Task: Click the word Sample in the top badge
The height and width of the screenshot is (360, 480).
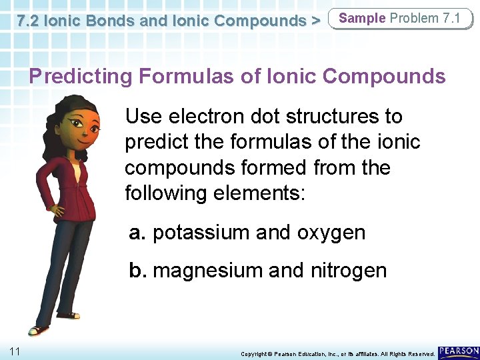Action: coord(362,18)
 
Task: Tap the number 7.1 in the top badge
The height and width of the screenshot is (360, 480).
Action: coord(451,18)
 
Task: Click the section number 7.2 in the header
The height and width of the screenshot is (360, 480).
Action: coord(30,21)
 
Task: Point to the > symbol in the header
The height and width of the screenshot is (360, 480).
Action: coord(315,21)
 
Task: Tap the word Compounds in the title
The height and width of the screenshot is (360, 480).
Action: coord(384,77)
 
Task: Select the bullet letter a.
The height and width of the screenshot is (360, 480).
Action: coord(137,233)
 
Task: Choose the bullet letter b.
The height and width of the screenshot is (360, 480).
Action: coord(137,270)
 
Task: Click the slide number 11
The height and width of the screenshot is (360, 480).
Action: coord(14,351)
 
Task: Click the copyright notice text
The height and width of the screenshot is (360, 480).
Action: coord(337,353)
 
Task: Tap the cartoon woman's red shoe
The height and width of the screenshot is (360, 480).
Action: coord(39,330)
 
